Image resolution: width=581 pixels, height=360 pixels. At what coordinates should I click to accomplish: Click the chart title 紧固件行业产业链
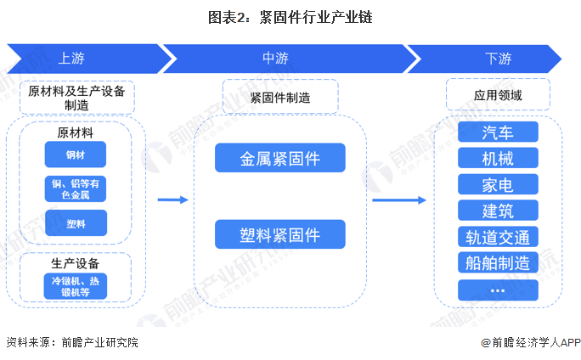[x=290, y=16]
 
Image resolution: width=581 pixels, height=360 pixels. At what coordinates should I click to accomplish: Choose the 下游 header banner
[x=497, y=59]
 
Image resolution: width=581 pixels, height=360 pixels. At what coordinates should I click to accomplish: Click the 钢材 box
[x=76, y=155]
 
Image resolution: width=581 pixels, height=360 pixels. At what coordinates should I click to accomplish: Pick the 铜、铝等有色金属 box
[x=76, y=188]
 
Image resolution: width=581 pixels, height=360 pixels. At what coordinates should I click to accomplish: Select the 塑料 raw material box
[x=76, y=222]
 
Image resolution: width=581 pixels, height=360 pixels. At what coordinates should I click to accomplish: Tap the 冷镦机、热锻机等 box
[x=76, y=285]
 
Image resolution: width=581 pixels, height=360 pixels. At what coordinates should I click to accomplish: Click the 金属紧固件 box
[x=279, y=157]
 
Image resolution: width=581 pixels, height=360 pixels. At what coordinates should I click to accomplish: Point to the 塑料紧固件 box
[x=279, y=234]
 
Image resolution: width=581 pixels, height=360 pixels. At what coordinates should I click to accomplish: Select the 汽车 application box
[x=497, y=132]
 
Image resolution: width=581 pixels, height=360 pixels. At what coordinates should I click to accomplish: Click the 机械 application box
[x=497, y=158]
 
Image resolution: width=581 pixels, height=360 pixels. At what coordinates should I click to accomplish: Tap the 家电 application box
[x=497, y=184]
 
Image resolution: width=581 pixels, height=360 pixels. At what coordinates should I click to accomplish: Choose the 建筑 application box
[x=497, y=211]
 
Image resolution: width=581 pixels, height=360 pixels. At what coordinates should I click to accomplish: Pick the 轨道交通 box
[x=497, y=237]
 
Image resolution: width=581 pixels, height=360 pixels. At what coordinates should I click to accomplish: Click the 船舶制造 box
[x=497, y=262]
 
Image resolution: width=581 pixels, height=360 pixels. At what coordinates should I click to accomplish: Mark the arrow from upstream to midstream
[x=172, y=200]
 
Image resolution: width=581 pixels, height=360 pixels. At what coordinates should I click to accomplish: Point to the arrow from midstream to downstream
[x=398, y=200]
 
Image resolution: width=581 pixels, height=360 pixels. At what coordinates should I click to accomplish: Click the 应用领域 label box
[x=497, y=95]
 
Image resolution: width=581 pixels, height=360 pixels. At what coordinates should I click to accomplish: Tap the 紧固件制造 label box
[x=279, y=97]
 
